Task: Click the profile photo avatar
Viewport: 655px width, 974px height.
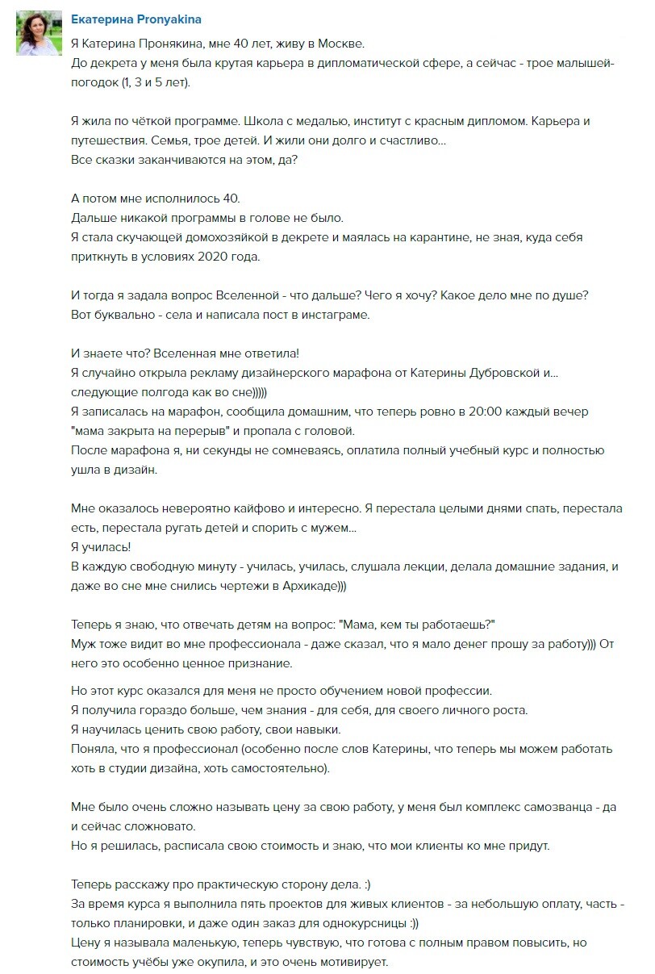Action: (x=39, y=34)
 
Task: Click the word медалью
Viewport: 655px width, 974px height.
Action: (x=300, y=121)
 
